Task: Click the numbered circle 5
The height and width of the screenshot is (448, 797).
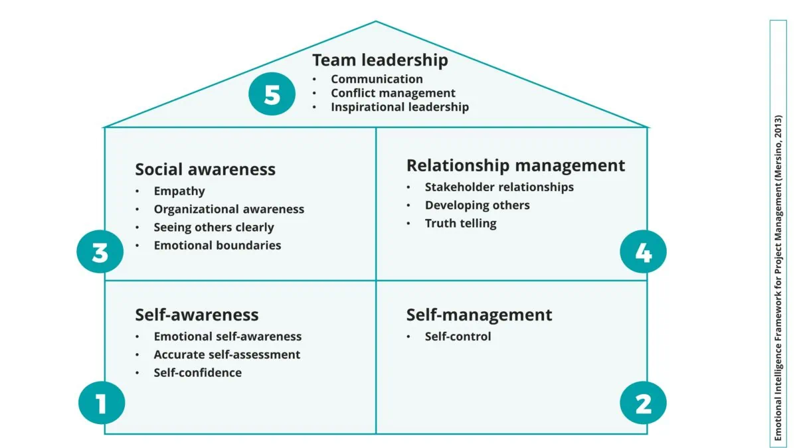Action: tap(272, 94)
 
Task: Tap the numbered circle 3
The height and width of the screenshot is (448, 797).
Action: tap(100, 252)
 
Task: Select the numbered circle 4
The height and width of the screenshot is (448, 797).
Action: tap(644, 252)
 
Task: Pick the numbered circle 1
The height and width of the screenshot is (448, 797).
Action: tap(102, 402)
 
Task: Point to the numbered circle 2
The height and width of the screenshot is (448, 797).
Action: tap(644, 402)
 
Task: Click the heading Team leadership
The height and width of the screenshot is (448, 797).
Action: tap(380, 60)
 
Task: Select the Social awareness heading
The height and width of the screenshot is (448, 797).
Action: tap(205, 169)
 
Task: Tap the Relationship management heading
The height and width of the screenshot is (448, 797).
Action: tap(515, 166)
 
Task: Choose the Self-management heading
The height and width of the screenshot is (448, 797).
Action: tap(480, 315)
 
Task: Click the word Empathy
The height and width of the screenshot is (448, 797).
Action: tap(179, 191)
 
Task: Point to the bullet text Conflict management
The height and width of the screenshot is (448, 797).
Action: tap(393, 93)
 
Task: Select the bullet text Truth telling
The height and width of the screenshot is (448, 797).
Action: tap(461, 223)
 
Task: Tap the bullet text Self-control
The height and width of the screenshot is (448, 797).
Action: tap(458, 336)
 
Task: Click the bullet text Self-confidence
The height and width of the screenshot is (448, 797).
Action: tap(197, 372)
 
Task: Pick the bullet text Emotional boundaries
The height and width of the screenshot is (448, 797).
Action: tap(217, 246)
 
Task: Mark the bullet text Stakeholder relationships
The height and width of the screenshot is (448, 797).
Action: tap(499, 187)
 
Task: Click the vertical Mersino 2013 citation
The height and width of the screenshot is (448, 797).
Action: tap(778, 277)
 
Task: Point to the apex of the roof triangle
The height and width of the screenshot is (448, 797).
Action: tap(376, 21)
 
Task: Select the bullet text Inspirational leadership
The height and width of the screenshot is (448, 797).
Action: tap(400, 107)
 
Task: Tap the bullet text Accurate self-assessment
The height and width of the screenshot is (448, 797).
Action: tap(227, 355)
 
